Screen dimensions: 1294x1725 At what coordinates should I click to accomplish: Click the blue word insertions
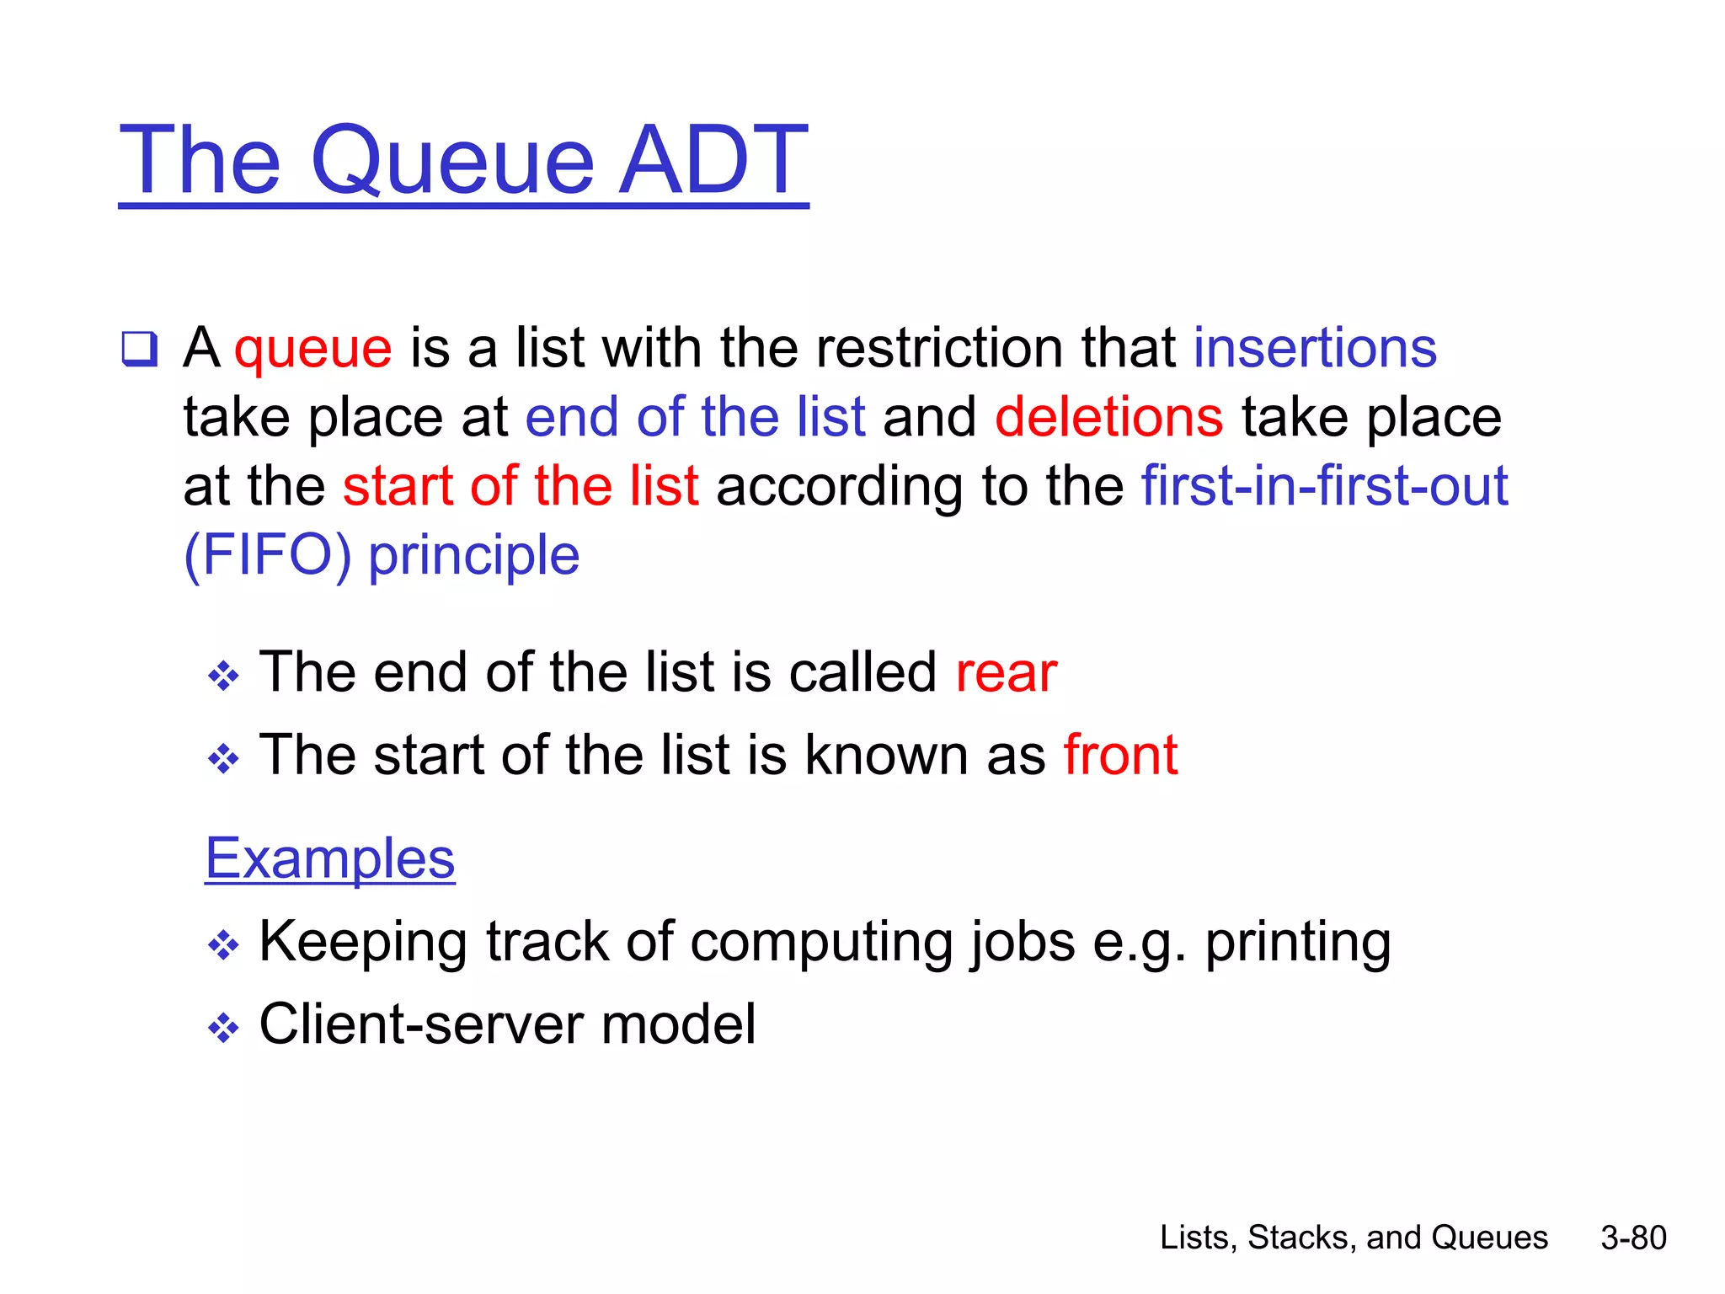click(1315, 347)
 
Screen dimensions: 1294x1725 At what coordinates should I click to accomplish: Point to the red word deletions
click(1108, 417)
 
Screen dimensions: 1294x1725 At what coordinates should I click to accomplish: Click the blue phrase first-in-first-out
click(1324, 486)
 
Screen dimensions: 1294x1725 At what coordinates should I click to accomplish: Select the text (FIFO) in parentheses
click(267, 555)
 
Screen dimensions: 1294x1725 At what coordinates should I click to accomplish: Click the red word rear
click(1006, 675)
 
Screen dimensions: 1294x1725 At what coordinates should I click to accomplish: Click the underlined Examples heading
click(330, 858)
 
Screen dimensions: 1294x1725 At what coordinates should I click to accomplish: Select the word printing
click(1297, 943)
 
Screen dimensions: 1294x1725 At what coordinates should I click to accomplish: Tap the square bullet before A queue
click(139, 349)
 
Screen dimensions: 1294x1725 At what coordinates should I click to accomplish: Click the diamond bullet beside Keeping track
click(223, 945)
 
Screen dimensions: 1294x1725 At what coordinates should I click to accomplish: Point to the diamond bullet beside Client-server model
click(223, 1028)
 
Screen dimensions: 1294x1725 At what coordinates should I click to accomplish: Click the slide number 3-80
click(1633, 1238)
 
